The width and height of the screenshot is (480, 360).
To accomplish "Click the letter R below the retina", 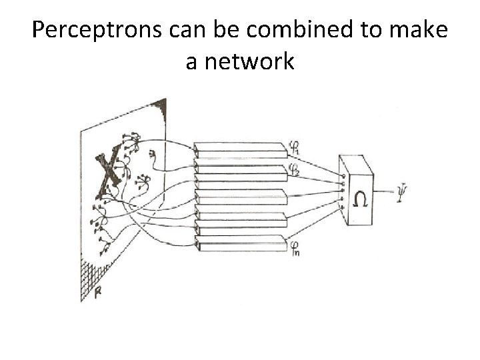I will [98, 291].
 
